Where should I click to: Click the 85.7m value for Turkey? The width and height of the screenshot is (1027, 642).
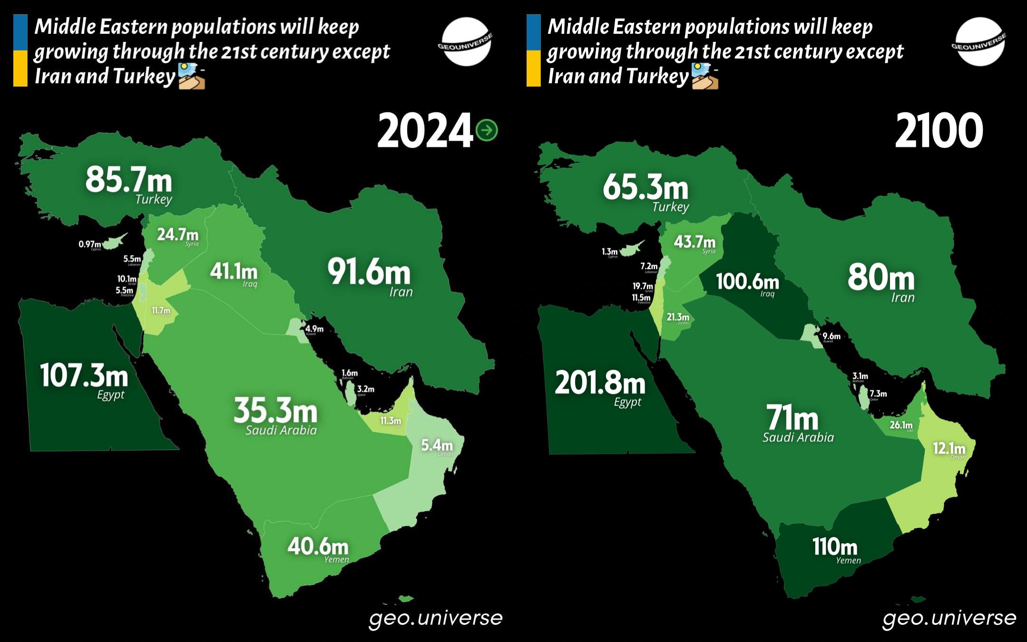pyautogui.click(x=128, y=180)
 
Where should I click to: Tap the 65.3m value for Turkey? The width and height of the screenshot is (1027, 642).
pyautogui.click(x=646, y=187)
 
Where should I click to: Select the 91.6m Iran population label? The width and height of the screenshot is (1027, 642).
pyautogui.click(x=369, y=272)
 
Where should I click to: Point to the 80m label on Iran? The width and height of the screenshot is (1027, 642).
pyautogui.click(x=881, y=278)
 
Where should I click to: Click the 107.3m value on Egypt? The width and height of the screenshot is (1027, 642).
pyautogui.click(x=84, y=375)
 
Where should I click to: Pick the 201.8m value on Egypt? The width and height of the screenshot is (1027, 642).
pyautogui.click(x=600, y=383)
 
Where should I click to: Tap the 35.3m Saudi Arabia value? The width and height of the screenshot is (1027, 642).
pyautogui.click(x=275, y=411)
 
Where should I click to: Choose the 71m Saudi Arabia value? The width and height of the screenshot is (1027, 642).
pyautogui.click(x=792, y=418)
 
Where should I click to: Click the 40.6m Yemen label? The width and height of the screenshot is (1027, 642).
pyautogui.click(x=318, y=546)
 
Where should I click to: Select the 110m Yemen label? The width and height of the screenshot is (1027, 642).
pyautogui.click(x=834, y=547)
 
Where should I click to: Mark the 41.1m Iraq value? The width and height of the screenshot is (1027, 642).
pyautogui.click(x=234, y=272)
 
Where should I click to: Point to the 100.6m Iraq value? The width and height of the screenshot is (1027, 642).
pyautogui.click(x=747, y=281)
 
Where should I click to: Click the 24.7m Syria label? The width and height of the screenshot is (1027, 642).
pyautogui.click(x=177, y=234)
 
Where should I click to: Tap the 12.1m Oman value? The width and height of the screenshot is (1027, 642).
pyautogui.click(x=949, y=448)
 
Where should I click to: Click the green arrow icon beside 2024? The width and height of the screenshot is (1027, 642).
pyautogui.click(x=487, y=130)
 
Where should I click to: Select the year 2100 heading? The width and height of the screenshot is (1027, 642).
pyautogui.click(x=939, y=130)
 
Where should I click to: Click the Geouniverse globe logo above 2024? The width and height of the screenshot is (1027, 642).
pyautogui.click(x=465, y=42)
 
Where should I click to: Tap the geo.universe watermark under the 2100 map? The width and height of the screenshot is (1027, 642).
pyautogui.click(x=949, y=618)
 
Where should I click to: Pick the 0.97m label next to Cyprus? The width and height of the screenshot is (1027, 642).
pyautogui.click(x=89, y=244)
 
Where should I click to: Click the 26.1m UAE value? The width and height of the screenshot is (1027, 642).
pyautogui.click(x=901, y=425)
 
